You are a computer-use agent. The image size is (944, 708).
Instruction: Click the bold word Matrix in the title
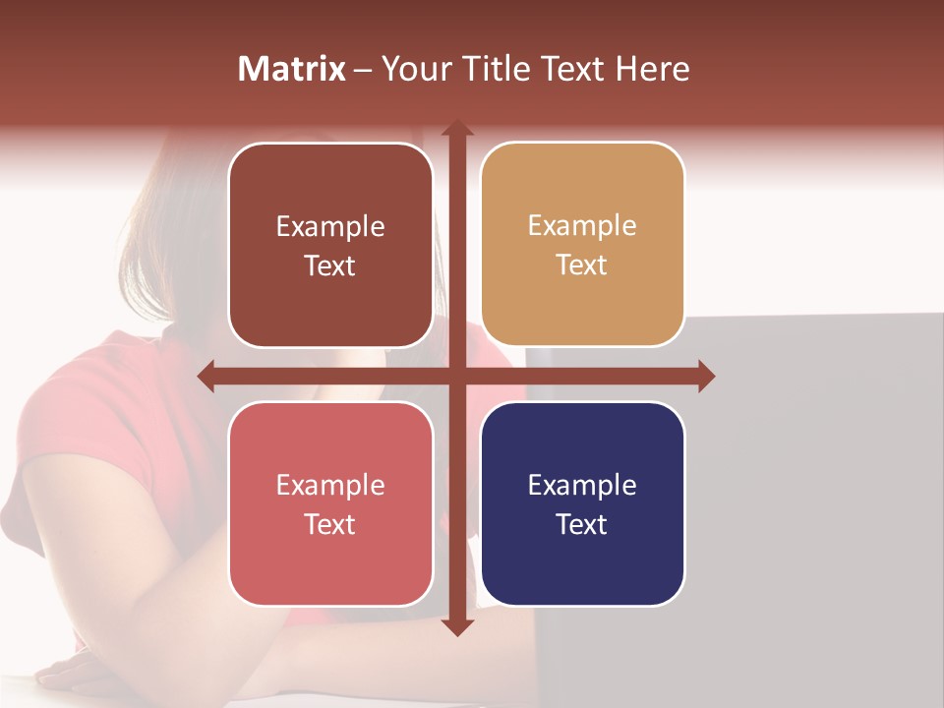pos(292,69)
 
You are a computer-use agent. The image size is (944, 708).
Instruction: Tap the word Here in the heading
pos(652,69)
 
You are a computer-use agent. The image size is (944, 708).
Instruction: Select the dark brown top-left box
pos(330,245)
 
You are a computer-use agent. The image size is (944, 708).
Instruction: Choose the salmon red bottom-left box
pos(330,503)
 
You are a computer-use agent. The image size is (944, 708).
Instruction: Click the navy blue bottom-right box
pos(582,503)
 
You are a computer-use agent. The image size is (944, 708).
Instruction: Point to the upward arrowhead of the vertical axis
pos(456,128)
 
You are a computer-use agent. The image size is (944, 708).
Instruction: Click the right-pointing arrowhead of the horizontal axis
pos(706,377)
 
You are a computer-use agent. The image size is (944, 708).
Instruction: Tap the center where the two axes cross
pos(456,377)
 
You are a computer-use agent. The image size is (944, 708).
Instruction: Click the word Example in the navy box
pos(582,485)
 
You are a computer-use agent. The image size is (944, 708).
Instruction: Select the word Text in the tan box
pos(582,265)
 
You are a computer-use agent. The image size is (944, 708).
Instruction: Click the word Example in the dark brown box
pos(330,226)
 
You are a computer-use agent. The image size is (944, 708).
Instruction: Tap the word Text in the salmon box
pos(330,524)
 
